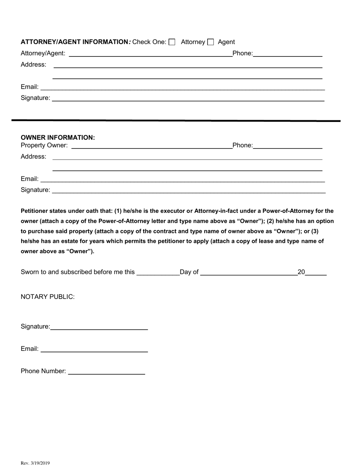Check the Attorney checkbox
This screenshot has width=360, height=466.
pos(172,42)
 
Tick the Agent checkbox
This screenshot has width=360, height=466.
pos(211,42)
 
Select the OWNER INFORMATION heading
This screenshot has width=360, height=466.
pos(58,138)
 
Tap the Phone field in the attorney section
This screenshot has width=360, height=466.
pos(288,53)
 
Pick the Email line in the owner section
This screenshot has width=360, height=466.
pos(182,179)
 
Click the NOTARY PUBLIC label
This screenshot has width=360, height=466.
pos(48,297)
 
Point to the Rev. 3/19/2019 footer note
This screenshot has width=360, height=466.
pos(35,463)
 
